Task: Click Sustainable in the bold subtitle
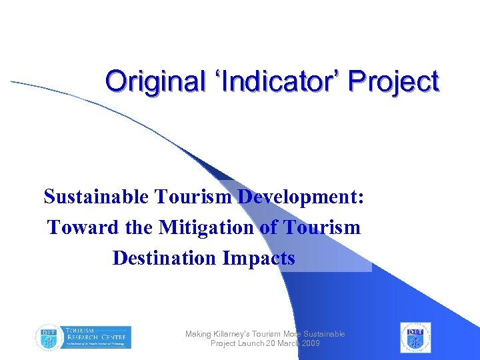click(97, 197)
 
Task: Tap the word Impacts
click(259, 257)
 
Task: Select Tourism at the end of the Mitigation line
click(322, 227)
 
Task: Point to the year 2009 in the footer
click(309, 343)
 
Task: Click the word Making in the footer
click(197, 334)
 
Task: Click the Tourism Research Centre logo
click(83, 337)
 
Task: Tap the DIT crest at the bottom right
click(415, 337)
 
